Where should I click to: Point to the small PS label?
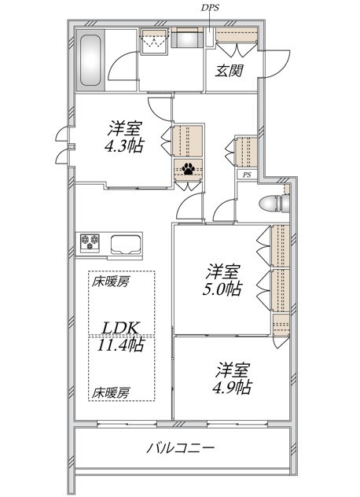coord(247,175)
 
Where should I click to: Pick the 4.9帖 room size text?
coord(233,387)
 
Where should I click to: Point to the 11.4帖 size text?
coord(121,344)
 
